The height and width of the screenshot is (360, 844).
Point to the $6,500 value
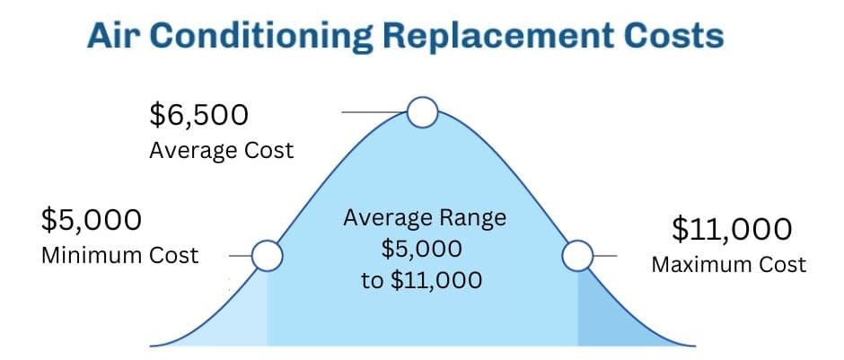coord(199,115)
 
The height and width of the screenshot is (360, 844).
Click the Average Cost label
coord(222,151)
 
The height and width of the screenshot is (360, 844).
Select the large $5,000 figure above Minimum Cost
coord(92,220)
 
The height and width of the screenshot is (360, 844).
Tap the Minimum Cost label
coord(120,256)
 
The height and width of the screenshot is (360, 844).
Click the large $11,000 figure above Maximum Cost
coord(732,230)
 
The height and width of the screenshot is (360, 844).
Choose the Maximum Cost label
coord(729,265)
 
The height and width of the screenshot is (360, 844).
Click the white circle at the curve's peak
coord(423,112)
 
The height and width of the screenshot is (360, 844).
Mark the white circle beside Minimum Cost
coord(267,256)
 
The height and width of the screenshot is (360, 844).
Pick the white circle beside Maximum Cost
coord(577,256)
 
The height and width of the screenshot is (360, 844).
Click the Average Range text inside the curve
coord(425,219)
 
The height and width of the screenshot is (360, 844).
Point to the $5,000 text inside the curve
coord(421,250)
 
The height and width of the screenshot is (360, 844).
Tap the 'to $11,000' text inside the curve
coord(421,280)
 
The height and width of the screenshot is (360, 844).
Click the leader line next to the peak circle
coord(374,112)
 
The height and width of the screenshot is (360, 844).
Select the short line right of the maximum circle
coord(605,256)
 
